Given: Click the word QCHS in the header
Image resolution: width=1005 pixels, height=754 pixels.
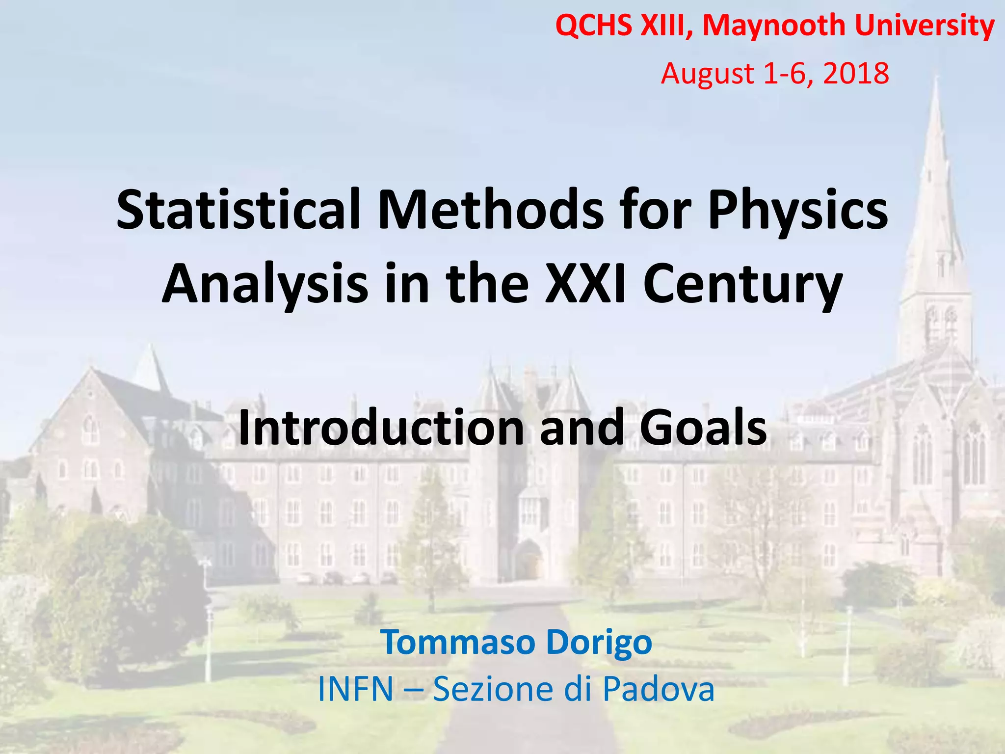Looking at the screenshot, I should [x=594, y=26].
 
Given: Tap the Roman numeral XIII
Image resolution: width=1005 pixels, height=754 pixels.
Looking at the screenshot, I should [x=666, y=26].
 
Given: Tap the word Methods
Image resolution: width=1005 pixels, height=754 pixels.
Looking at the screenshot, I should [x=491, y=210].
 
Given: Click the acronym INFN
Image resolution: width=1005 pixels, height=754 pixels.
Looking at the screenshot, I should [x=356, y=689].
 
